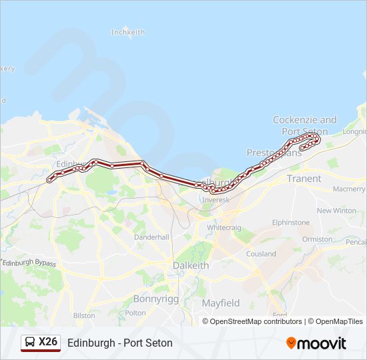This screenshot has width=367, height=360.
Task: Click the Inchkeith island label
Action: tap(127, 32)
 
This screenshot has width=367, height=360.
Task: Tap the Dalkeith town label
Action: tap(190, 265)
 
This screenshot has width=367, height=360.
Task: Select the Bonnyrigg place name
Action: tap(156, 299)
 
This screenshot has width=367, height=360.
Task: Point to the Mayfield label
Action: tap(221, 303)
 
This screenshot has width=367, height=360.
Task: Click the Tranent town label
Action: tap(304, 179)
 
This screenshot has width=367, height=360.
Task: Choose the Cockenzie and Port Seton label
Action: tap(305, 125)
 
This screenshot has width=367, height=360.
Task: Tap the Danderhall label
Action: tap(151, 237)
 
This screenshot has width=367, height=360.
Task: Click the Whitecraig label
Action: tap(224, 227)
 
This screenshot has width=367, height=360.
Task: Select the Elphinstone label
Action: tap(291, 222)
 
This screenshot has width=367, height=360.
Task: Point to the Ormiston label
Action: tap(317, 239)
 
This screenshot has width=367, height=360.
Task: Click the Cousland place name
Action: tap(261, 253)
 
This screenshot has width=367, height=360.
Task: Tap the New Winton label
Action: tap(336, 211)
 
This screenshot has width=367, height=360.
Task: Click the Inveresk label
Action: tap(216, 199)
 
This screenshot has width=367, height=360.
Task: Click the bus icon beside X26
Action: tap(30, 343)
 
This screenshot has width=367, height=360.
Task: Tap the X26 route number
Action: tap(49, 343)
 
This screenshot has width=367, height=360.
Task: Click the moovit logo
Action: tap(316, 343)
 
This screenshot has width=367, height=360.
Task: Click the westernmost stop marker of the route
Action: tap(49, 180)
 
